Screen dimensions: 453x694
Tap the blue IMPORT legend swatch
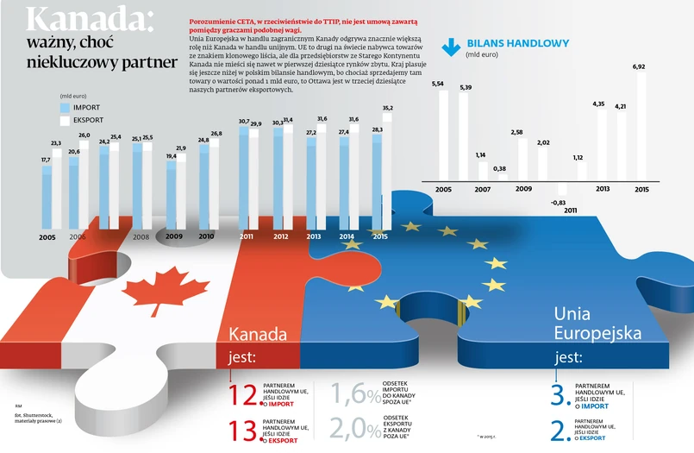(x=66, y=108)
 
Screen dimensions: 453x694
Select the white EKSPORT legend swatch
(x=66, y=119)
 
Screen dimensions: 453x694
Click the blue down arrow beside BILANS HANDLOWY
(x=450, y=47)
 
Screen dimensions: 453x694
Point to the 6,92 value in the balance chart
(x=639, y=66)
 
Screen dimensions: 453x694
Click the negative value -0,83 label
(x=557, y=202)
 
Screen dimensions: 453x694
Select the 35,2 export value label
(x=387, y=108)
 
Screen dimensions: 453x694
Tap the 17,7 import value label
(x=46, y=160)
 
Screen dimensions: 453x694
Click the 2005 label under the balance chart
(x=443, y=188)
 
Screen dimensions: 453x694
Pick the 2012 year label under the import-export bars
(x=280, y=236)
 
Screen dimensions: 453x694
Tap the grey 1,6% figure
(x=353, y=394)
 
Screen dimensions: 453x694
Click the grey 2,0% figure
(x=353, y=429)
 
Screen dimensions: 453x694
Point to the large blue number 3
(x=558, y=394)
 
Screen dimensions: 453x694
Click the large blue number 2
(x=558, y=429)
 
